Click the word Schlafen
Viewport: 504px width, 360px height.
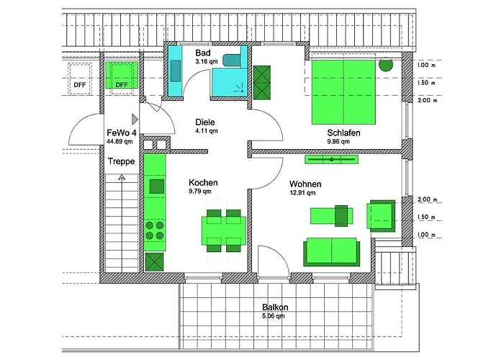343,133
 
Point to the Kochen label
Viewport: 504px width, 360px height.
203,182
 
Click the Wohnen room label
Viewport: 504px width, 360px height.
305,184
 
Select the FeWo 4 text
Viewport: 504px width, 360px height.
122,133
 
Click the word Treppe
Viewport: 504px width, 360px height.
121,162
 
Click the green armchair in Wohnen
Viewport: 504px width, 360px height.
382,215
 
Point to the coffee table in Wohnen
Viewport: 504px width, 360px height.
331,215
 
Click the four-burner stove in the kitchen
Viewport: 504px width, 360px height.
155,230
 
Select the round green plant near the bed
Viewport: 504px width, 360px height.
386,64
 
